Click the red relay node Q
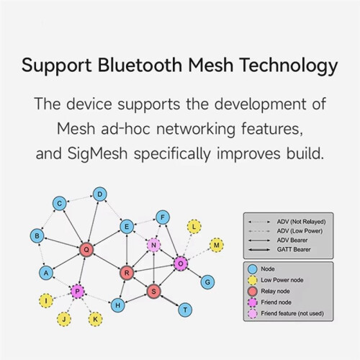(x=86, y=250)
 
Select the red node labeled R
(x=127, y=273)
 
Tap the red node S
(x=153, y=292)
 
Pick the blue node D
(x=100, y=194)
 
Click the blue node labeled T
(x=185, y=310)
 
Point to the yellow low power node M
(x=217, y=245)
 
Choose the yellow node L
(x=194, y=227)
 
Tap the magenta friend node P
(x=77, y=292)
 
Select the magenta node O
(x=181, y=264)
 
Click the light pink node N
(x=153, y=245)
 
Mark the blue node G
(x=207, y=282)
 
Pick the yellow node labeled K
(x=95, y=319)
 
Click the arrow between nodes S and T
(x=169, y=301)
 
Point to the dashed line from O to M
(x=199, y=254)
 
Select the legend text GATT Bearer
(x=294, y=250)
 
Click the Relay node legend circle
(x=252, y=291)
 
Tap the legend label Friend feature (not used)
(x=292, y=313)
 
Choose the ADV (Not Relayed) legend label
(x=301, y=222)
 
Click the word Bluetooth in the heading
(x=140, y=65)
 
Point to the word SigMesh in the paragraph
(x=97, y=153)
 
